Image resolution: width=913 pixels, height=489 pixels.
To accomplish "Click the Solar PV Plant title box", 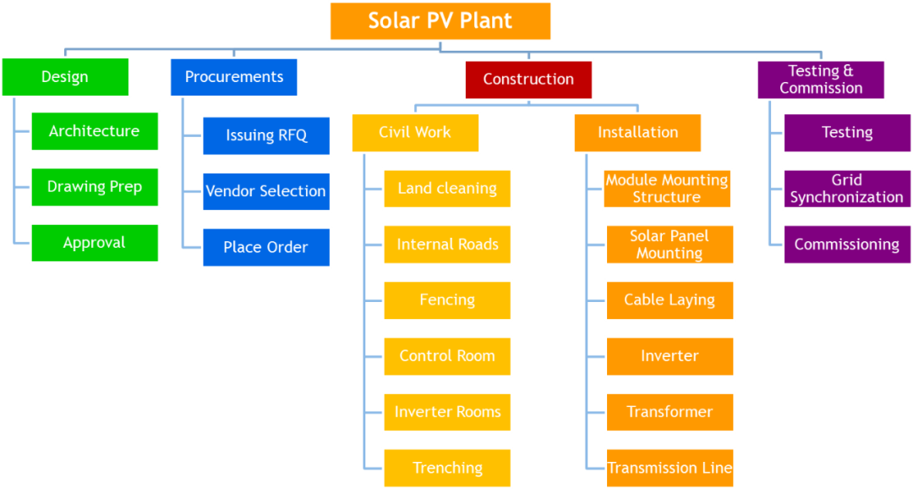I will [x=440, y=21].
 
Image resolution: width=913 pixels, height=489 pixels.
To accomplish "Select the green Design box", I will [x=65, y=77].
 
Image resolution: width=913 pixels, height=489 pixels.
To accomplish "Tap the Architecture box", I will [x=94, y=131].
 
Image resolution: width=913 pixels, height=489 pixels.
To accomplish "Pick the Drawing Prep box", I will [x=94, y=187].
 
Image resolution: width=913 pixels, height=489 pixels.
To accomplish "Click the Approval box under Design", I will [x=94, y=243].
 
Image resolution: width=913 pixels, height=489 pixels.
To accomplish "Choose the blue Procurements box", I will [x=233, y=77].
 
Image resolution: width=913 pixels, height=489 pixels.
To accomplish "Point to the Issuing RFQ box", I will [x=266, y=135].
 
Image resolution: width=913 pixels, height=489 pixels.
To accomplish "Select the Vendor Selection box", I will [x=266, y=191].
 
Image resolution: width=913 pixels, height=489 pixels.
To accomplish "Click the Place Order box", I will [x=266, y=247].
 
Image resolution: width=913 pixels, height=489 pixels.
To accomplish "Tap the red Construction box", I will [x=528, y=80].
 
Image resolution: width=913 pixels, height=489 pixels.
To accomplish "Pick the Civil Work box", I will [x=415, y=133].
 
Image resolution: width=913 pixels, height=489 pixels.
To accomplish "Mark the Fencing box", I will [x=447, y=300].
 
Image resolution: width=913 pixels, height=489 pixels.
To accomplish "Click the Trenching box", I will [x=447, y=468].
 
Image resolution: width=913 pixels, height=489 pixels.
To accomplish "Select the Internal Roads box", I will [x=447, y=244].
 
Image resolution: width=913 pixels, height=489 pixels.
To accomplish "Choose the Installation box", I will [x=637, y=133].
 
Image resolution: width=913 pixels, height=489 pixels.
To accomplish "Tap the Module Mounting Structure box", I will [x=667, y=189].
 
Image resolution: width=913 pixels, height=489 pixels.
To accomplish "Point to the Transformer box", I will [x=670, y=412].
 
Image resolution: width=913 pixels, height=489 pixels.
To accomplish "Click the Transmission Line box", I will [x=670, y=468].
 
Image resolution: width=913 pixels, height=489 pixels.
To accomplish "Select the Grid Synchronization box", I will [x=846, y=189].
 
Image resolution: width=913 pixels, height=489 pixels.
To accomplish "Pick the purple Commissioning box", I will [x=846, y=244].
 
